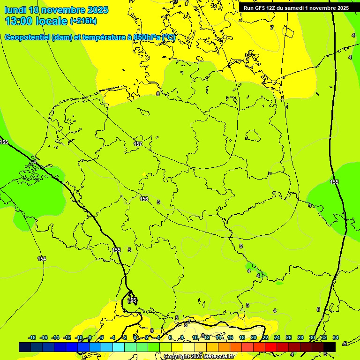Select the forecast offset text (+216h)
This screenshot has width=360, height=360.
(83, 21)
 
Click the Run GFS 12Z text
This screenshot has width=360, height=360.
(259, 8)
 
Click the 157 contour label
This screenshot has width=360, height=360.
(138, 144)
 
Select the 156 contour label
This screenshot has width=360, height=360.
(144, 199)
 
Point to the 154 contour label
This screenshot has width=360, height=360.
(42, 259)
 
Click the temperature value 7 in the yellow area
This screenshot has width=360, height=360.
(271, 28)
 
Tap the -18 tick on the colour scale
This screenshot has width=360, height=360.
(32, 337)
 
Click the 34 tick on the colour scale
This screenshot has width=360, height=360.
(336, 337)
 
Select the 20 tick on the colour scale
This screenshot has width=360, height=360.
(254, 337)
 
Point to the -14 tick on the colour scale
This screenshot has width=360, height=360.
(55, 337)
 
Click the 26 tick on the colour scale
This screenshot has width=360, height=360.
(289, 337)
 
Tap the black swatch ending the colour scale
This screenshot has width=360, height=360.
(329, 347)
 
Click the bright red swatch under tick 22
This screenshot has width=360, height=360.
(270, 347)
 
